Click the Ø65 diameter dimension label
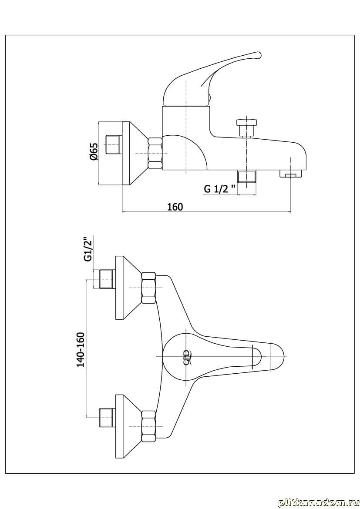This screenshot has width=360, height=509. click(x=93, y=152)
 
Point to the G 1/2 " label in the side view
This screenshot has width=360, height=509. click(x=220, y=189)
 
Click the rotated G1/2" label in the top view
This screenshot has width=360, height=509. click(x=89, y=248)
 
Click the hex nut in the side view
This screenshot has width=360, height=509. click(x=155, y=153)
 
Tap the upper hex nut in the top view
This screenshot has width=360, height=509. click(x=148, y=288)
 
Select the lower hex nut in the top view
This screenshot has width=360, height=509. click(x=148, y=426)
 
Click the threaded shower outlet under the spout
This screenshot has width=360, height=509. click(x=246, y=177)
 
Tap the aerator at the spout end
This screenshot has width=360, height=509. click(x=290, y=175)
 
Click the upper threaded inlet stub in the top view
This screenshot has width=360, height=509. click(x=107, y=279)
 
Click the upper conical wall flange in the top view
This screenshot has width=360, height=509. click(x=127, y=288)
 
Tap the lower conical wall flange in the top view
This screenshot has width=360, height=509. click(x=127, y=426)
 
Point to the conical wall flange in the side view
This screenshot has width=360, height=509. click(x=135, y=153)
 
